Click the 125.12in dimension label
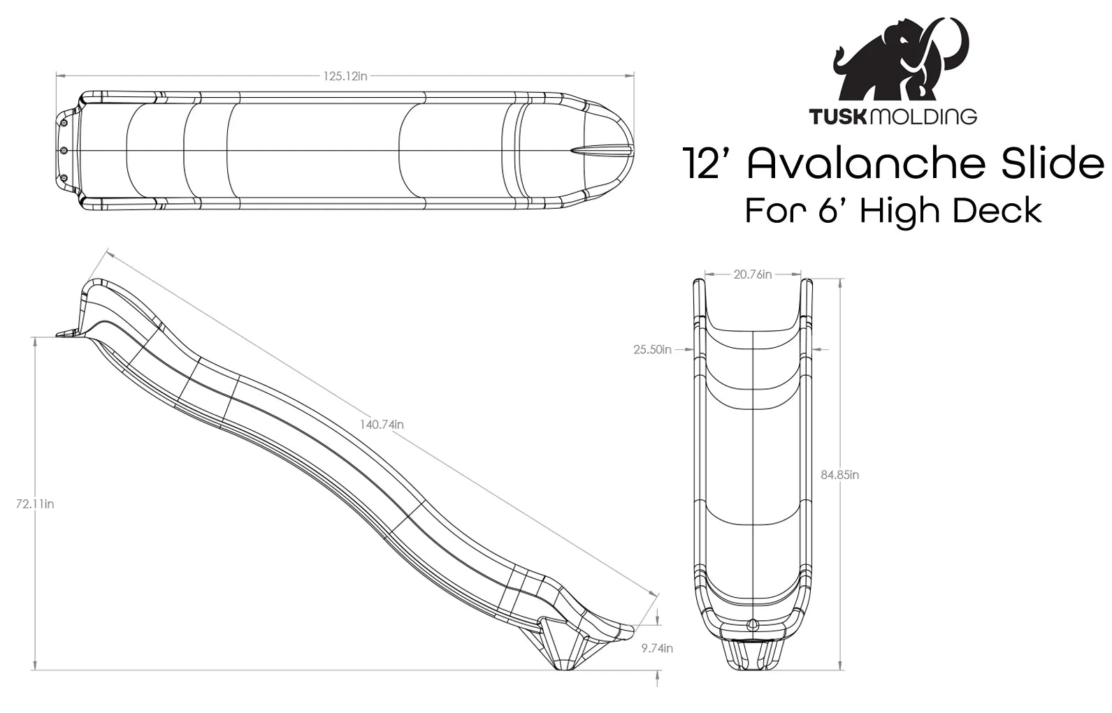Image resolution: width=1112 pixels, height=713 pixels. tap(345, 76)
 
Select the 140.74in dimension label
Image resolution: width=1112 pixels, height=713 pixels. tap(382, 424)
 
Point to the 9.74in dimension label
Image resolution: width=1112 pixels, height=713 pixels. tap(657, 648)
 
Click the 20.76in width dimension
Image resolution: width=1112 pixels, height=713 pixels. tap(753, 274)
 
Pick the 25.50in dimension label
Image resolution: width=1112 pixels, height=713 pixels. tap(652, 349)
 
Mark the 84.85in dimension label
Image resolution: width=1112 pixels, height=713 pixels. tap(840, 475)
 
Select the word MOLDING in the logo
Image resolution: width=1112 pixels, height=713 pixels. tap(923, 116)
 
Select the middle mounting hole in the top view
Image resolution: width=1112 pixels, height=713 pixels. tap(63, 151)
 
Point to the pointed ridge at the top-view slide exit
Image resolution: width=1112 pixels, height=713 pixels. tap(601, 151)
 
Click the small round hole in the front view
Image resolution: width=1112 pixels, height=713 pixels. tap(752, 624)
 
